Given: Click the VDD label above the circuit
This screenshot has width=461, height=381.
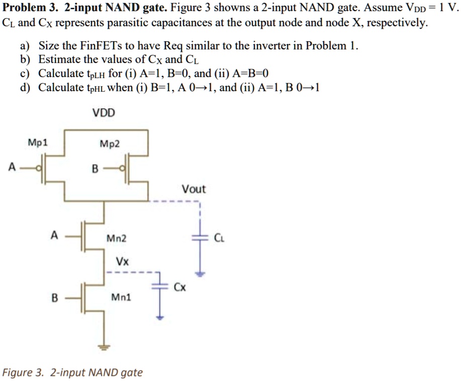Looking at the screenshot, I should [104, 113].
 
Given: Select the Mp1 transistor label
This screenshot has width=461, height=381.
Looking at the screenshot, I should [38, 142].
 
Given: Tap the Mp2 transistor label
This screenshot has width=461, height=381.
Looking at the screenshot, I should [110, 144].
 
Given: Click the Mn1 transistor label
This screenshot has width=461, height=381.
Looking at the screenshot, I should [121, 297].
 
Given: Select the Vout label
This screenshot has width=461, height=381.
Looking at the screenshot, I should [194, 189].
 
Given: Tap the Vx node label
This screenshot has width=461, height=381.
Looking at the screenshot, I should [122, 262].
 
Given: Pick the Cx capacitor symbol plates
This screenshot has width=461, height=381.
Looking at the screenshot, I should [159, 285].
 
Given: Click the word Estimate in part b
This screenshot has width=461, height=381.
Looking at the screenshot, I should [60, 60].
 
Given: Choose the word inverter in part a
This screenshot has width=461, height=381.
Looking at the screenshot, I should [272, 46].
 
